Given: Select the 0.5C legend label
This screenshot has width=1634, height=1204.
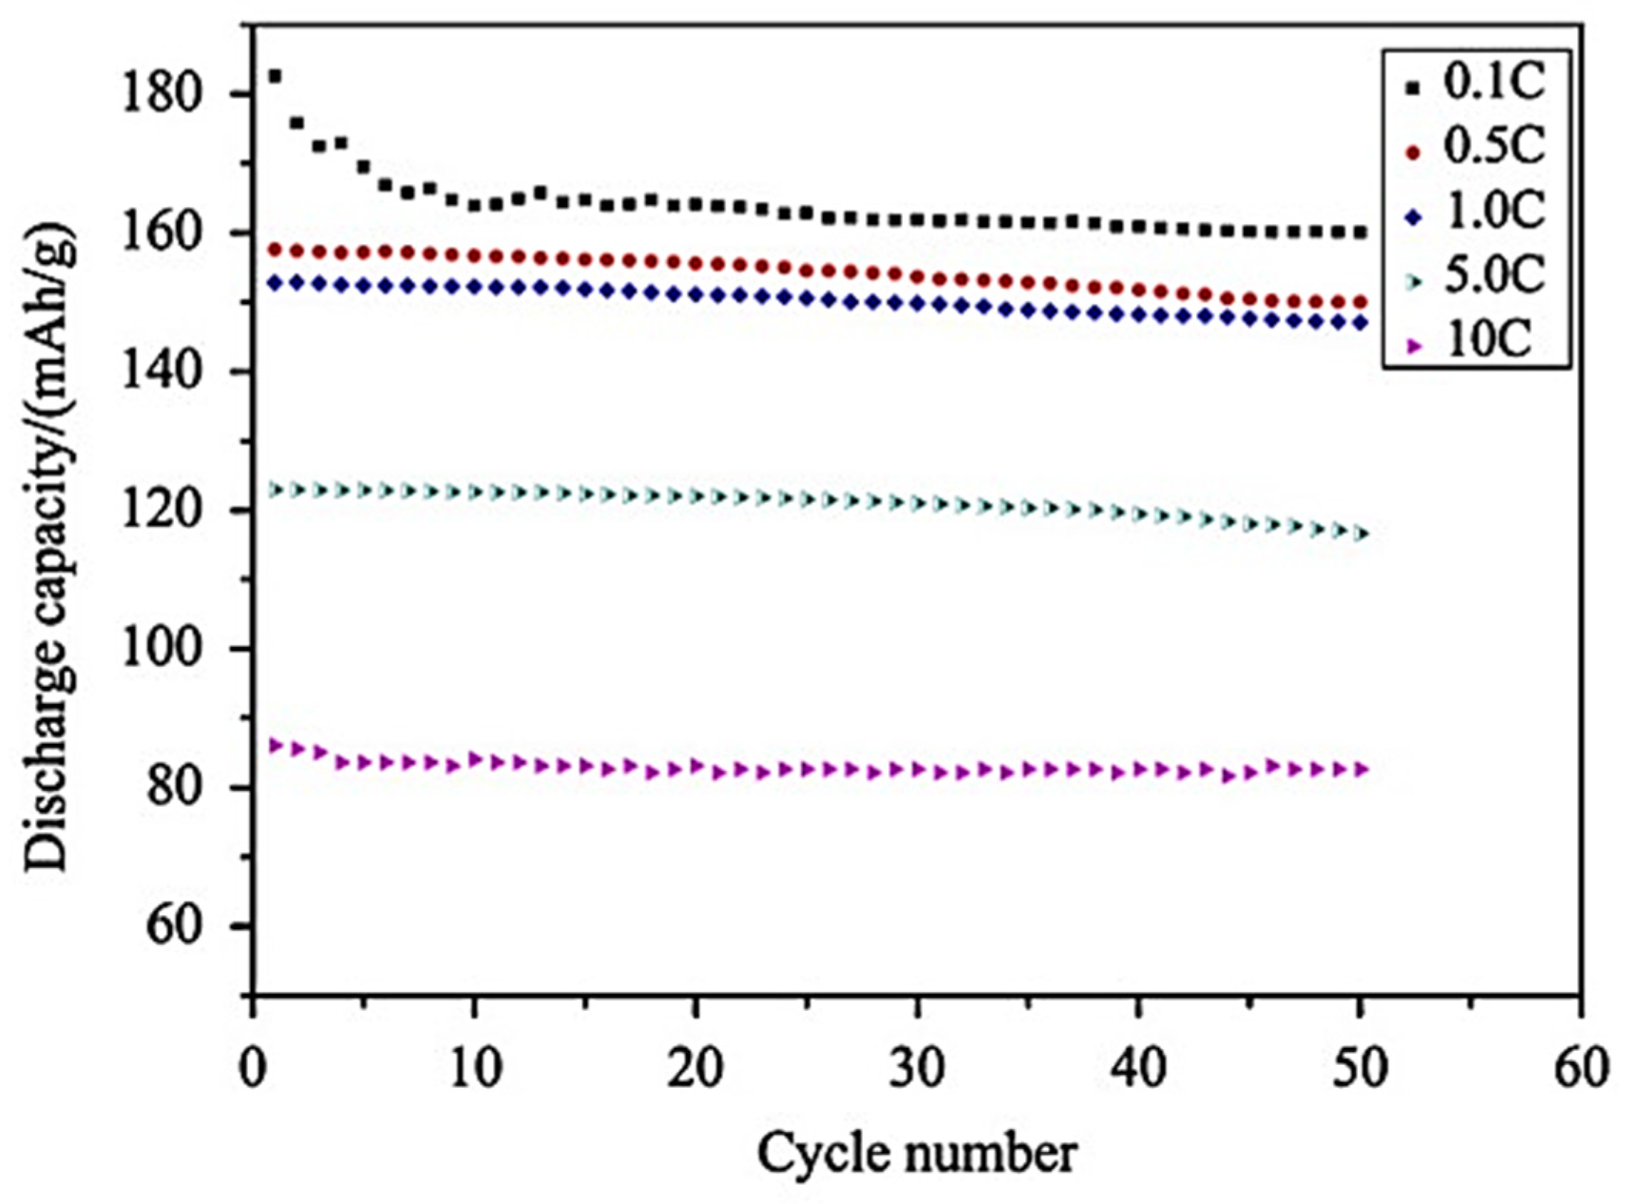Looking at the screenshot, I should (1495, 147).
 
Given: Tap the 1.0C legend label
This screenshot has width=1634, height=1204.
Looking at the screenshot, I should (1495, 211).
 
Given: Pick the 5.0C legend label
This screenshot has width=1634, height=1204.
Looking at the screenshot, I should (1495, 275).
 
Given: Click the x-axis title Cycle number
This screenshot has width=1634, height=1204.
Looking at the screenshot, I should (916, 1153).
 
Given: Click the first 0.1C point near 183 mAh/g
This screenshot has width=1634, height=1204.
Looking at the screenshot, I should (275, 76).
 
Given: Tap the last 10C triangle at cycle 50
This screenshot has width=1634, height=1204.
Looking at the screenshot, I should (1360, 770).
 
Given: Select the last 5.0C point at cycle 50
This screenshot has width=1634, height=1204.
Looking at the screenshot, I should (1360, 534).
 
